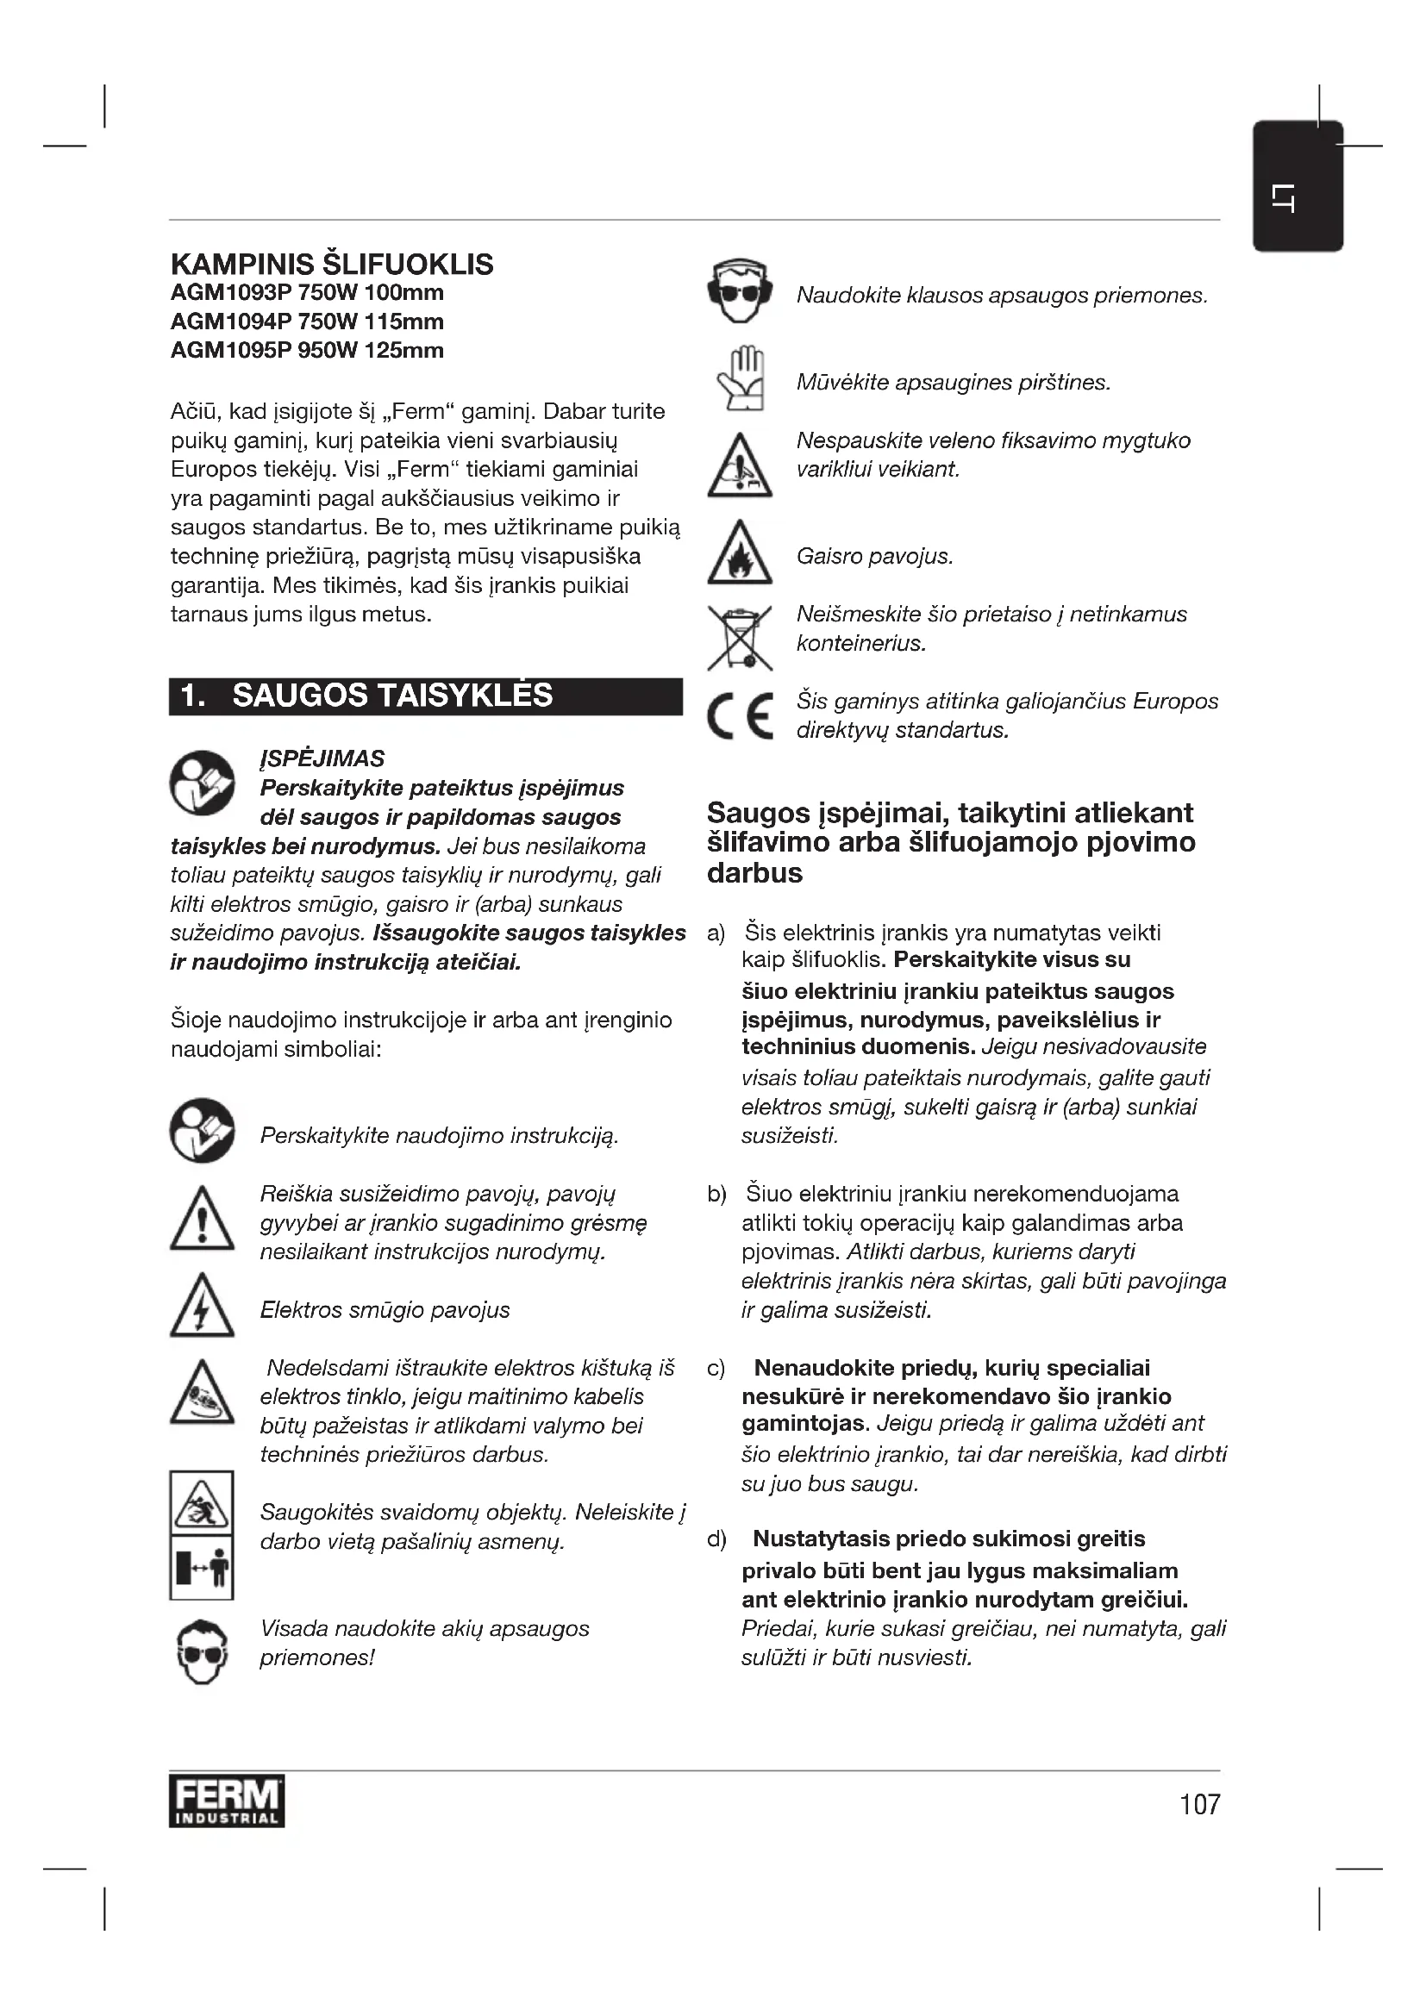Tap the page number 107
[x=1199, y=1804]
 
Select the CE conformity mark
[x=740, y=715]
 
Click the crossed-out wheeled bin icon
[x=740, y=638]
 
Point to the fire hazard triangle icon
[x=740, y=554]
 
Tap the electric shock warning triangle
[x=202, y=1306]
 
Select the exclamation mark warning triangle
[x=202, y=1219]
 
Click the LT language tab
[x=1297, y=186]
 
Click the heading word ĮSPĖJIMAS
[x=322, y=758]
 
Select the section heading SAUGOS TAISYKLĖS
[x=391, y=696]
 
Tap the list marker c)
[x=716, y=1368]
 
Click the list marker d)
[x=716, y=1539]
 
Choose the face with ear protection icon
[x=740, y=291]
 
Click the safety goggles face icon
[x=202, y=1651]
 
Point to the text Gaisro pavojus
[x=873, y=557]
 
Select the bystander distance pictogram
[x=202, y=1567]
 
